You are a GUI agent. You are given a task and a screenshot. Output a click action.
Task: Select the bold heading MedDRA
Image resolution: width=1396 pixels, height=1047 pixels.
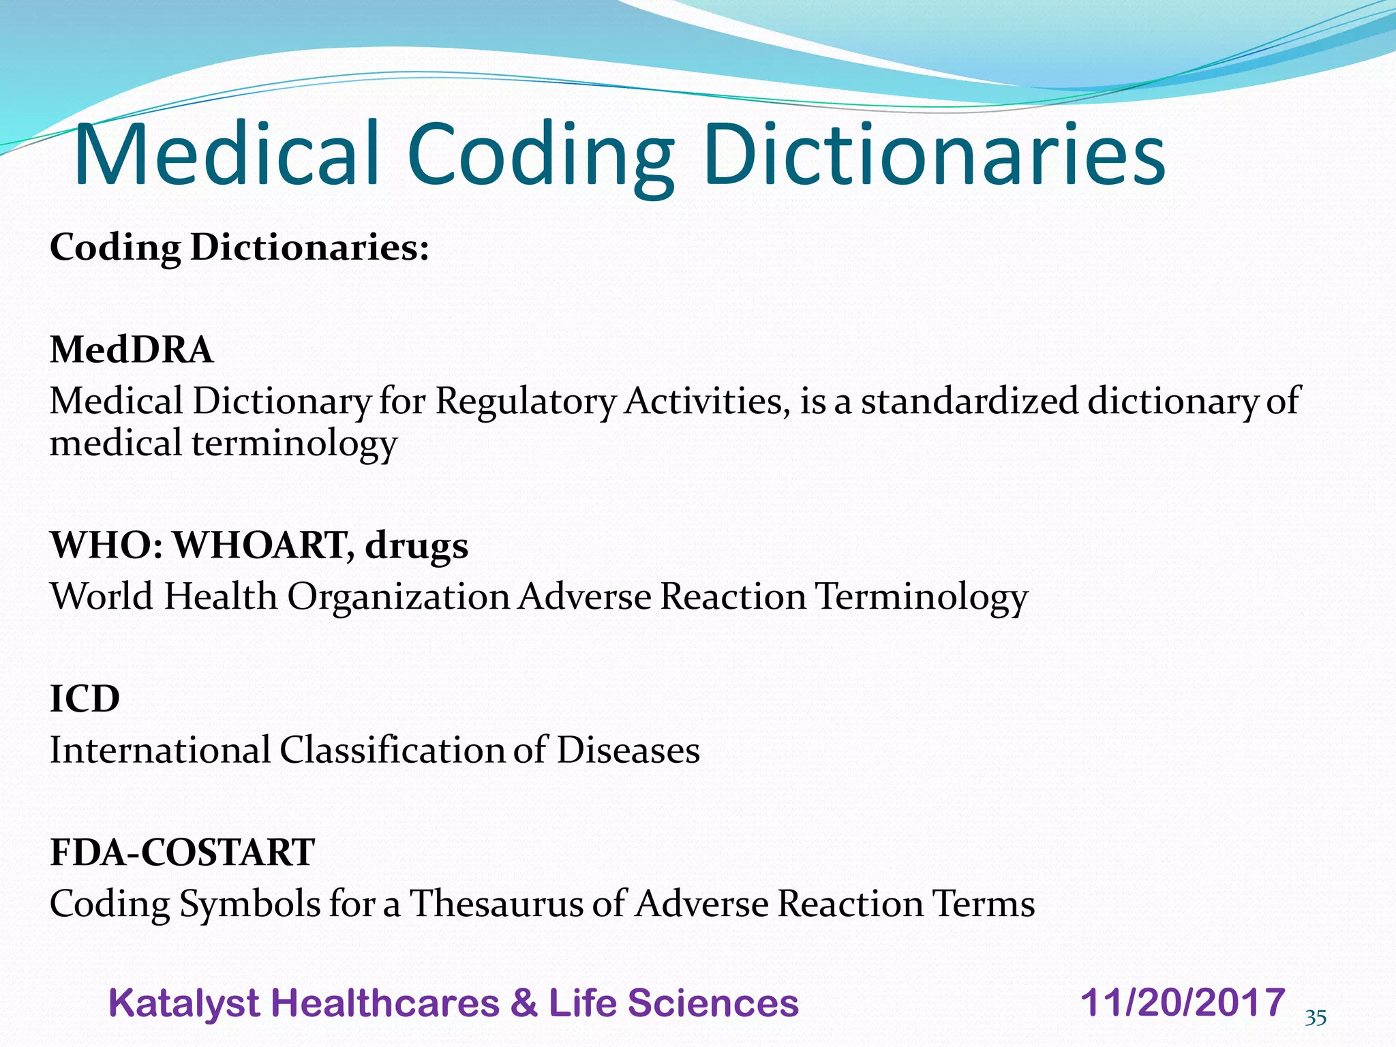(132, 350)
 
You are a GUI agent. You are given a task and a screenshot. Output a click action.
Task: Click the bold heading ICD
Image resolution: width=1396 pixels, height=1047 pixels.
(85, 699)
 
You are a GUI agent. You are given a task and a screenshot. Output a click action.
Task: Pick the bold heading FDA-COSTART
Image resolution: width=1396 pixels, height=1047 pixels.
(183, 852)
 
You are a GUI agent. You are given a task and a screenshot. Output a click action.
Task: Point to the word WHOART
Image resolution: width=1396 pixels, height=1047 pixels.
(262, 545)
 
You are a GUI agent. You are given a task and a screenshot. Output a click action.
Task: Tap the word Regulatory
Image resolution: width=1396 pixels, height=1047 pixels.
(526, 402)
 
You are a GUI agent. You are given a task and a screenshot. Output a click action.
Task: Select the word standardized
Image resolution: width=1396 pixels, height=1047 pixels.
(969, 401)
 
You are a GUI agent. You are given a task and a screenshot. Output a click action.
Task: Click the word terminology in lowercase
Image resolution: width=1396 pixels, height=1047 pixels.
(294, 444)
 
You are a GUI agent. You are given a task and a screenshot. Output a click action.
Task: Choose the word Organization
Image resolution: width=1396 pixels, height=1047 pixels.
(398, 598)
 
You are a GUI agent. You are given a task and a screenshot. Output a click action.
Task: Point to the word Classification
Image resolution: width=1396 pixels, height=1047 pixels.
(392, 750)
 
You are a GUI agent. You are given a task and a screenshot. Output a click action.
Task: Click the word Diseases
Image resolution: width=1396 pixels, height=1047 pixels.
(628, 750)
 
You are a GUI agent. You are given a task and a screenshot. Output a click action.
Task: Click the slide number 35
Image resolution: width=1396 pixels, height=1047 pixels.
(1316, 1018)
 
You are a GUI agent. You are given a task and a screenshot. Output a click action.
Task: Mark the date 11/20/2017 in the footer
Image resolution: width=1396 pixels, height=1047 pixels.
(1183, 1003)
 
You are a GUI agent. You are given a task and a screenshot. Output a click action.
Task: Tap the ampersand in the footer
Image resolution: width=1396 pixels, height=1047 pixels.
(523, 1003)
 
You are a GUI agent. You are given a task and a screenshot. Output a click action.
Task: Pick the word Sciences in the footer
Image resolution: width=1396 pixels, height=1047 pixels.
(712, 1003)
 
